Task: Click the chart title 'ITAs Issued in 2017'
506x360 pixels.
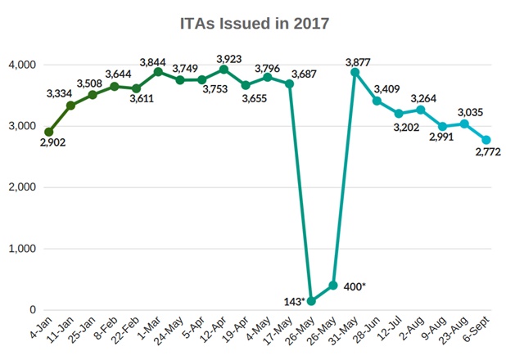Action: pyautogui.click(x=254, y=24)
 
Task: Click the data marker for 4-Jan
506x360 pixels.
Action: pyautogui.click(x=49, y=132)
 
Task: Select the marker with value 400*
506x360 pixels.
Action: pyautogui.click(x=333, y=286)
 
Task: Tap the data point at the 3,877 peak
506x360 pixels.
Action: pyautogui.click(x=355, y=72)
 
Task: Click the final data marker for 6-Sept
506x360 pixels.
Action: pyautogui.click(x=486, y=140)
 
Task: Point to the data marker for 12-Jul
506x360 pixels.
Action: pyautogui.click(x=399, y=114)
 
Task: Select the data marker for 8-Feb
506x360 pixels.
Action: pyautogui.click(x=115, y=86)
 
